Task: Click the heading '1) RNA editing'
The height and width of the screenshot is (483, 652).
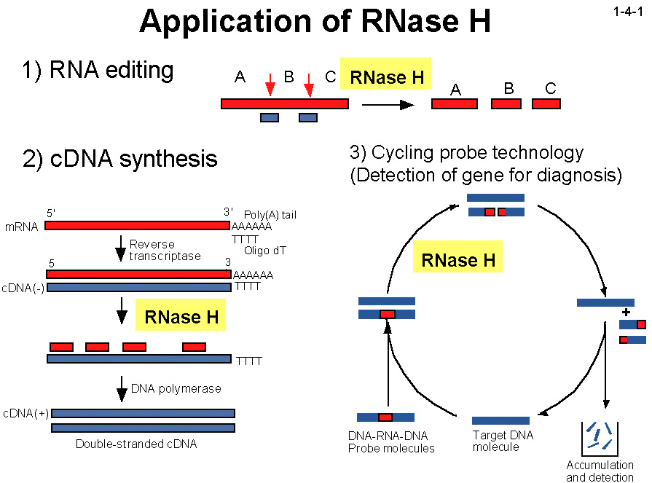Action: pyautogui.click(x=98, y=71)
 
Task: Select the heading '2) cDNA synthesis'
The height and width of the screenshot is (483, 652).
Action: pyautogui.click(x=120, y=158)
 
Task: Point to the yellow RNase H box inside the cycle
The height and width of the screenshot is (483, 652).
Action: pyautogui.click(x=458, y=260)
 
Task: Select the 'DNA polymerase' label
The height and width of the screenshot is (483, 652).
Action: pyautogui.click(x=176, y=388)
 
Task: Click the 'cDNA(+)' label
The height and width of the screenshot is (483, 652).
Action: pyautogui.click(x=25, y=413)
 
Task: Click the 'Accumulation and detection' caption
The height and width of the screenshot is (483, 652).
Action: pyautogui.click(x=600, y=471)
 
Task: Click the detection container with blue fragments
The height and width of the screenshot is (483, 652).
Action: pyautogui.click(x=600, y=436)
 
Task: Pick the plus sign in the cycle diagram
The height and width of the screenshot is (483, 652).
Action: pyautogui.click(x=626, y=311)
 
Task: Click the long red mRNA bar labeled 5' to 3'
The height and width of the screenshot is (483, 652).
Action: pyautogui.click(x=138, y=226)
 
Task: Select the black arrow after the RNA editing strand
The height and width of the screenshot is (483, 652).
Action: pyautogui.click(x=388, y=104)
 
